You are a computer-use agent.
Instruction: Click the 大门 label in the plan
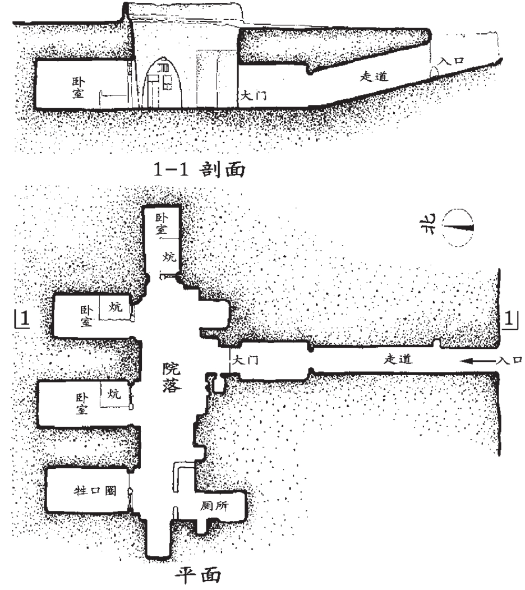click(x=245, y=361)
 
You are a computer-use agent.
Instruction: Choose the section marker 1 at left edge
click(x=21, y=319)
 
